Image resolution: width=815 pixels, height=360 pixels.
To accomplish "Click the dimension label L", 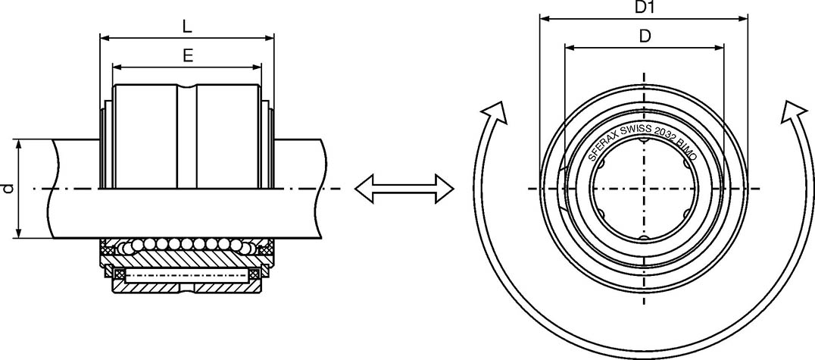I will click(x=187, y=26).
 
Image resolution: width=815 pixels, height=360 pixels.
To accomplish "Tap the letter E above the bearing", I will click(x=187, y=55).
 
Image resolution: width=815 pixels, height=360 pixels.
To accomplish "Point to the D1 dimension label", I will click(x=645, y=8).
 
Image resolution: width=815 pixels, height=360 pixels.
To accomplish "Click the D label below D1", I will click(x=645, y=36).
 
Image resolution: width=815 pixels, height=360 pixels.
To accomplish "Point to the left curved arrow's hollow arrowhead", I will click(x=495, y=112).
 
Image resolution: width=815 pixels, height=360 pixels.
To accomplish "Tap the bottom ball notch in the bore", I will click(x=644, y=239).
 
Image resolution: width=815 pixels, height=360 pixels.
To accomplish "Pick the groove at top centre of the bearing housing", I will click(x=187, y=87).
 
